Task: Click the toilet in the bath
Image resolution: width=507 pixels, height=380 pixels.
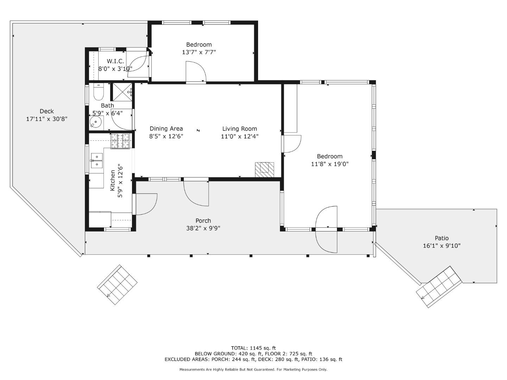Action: [x=99, y=91]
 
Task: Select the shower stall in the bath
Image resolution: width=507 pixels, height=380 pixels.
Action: [x=122, y=92]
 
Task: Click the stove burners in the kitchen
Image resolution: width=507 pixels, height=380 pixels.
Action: [x=120, y=141]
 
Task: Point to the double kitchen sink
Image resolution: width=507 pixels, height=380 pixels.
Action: [x=97, y=160]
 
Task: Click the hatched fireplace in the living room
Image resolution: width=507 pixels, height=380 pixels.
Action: [x=264, y=170]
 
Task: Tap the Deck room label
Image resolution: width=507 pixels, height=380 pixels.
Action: [x=47, y=111]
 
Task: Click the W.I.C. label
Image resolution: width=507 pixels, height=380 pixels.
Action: [x=115, y=61]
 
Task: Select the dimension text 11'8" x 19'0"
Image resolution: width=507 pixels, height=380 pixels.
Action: [x=330, y=164]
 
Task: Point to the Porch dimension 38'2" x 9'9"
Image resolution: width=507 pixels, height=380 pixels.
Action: [x=203, y=228]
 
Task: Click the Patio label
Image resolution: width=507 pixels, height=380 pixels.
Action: [x=442, y=238]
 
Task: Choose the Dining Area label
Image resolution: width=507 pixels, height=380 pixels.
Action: [x=166, y=128]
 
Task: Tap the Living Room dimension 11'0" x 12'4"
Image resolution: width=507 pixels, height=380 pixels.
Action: [x=239, y=137]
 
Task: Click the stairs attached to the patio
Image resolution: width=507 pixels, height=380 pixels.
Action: [x=439, y=287]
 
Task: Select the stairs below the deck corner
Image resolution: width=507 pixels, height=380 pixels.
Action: [x=117, y=285]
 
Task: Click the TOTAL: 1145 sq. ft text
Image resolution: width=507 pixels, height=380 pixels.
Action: [x=254, y=348]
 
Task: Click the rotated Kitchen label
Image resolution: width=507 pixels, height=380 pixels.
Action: [x=112, y=180]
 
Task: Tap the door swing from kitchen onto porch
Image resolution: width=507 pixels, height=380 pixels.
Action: [x=146, y=204]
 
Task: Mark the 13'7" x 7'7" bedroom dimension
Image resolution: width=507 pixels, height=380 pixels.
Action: [x=199, y=52]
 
